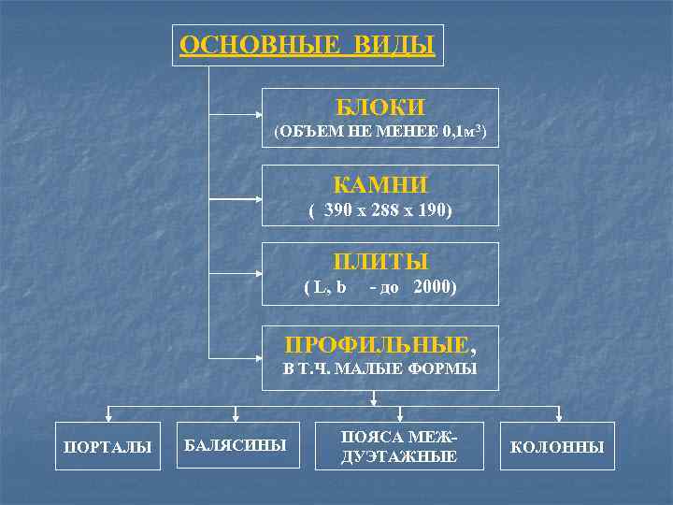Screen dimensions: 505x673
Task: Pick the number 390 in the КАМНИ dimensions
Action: tap(337, 210)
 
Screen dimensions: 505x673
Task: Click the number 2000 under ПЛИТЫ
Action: tap(433, 287)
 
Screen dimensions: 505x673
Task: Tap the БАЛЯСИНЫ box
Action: tap(234, 443)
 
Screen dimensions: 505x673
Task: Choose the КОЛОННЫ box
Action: tap(558, 447)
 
